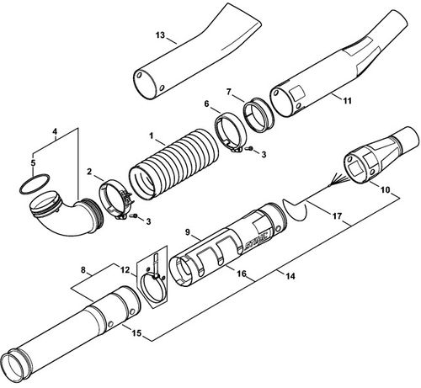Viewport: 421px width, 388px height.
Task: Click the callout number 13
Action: pyautogui.click(x=160, y=35)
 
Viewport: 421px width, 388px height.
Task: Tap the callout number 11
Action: pyautogui.click(x=348, y=100)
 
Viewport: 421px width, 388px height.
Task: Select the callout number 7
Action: pyautogui.click(x=229, y=92)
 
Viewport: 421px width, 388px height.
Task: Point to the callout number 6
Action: pyautogui.click(x=207, y=104)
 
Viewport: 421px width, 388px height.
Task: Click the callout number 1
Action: pyautogui.click(x=152, y=136)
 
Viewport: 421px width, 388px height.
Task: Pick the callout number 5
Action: pyautogui.click(x=33, y=162)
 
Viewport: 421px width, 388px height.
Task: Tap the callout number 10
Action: pyautogui.click(x=386, y=189)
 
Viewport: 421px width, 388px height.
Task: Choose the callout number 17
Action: pyautogui.click(x=337, y=216)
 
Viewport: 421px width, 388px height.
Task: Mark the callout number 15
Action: pyautogui.click(x=136, y=333)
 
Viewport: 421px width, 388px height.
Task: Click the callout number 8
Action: pyautogui.click(x=83, y=270)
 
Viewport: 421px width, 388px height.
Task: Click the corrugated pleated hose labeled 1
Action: pyautogui.click(x=173, y=164)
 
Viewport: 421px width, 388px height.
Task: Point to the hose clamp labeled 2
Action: pyautogui.click(x=115, y=199)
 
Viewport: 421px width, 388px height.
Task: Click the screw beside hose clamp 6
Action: pyautogui.click(x=249, y=149)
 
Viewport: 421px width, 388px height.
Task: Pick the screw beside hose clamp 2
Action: pyautogui.click(x=134, y=215)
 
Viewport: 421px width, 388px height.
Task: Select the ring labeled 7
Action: pyautogui.click(x=258, y=115)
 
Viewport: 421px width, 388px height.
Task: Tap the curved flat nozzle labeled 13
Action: pyautogui.click(x=196, y=53)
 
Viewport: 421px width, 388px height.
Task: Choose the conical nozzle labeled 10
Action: pyautogui.click(x=381, y=157)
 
